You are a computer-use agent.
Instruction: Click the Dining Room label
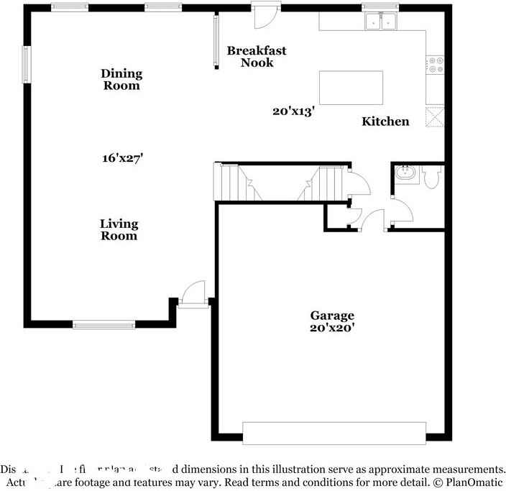click(x=121, y=79)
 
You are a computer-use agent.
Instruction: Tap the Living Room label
click(x=119, y=230)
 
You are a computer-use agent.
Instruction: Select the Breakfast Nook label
click(x=257, y=56)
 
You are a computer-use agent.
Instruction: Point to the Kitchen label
click(x=385, y=121)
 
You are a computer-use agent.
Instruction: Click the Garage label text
click(x=332, y=315)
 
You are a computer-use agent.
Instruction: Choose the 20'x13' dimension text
click(x=293, y=111)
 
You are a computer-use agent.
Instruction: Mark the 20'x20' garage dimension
click(x=332, y=327)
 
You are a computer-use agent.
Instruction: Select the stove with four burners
click(x=436, y=65)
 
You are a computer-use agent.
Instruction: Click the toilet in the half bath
click(x=431, y=177)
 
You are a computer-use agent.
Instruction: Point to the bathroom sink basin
click(x=405, y=173)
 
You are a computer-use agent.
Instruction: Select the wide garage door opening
click(x=334, y=433)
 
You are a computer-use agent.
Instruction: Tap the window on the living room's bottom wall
click(x=104, y=325)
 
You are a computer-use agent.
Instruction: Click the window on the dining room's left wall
click(x=27, y=65)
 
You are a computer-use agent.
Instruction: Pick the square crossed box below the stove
click(x=436, y=116)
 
